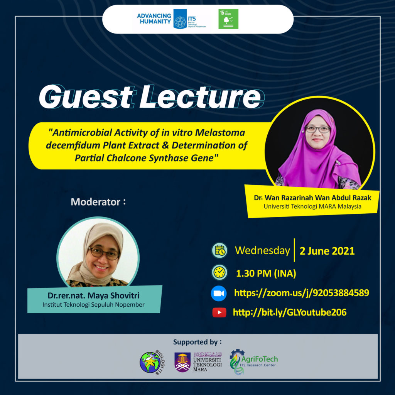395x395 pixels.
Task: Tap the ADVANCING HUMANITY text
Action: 154,19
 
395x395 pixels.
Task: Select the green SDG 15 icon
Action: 228,19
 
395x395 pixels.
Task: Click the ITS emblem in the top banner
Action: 180,19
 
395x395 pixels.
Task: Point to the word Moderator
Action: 96,202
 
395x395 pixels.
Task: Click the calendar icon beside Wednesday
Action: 220,250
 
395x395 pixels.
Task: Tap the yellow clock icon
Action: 219,272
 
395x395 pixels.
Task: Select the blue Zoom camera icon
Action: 218,293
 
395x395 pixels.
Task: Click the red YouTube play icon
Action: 219,312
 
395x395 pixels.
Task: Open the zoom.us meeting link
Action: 301,293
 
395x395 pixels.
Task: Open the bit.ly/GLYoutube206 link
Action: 289,312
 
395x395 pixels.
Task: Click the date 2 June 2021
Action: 327,251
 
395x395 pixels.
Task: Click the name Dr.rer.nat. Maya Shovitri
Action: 94,296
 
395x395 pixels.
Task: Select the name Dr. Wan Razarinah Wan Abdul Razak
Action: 312,198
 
